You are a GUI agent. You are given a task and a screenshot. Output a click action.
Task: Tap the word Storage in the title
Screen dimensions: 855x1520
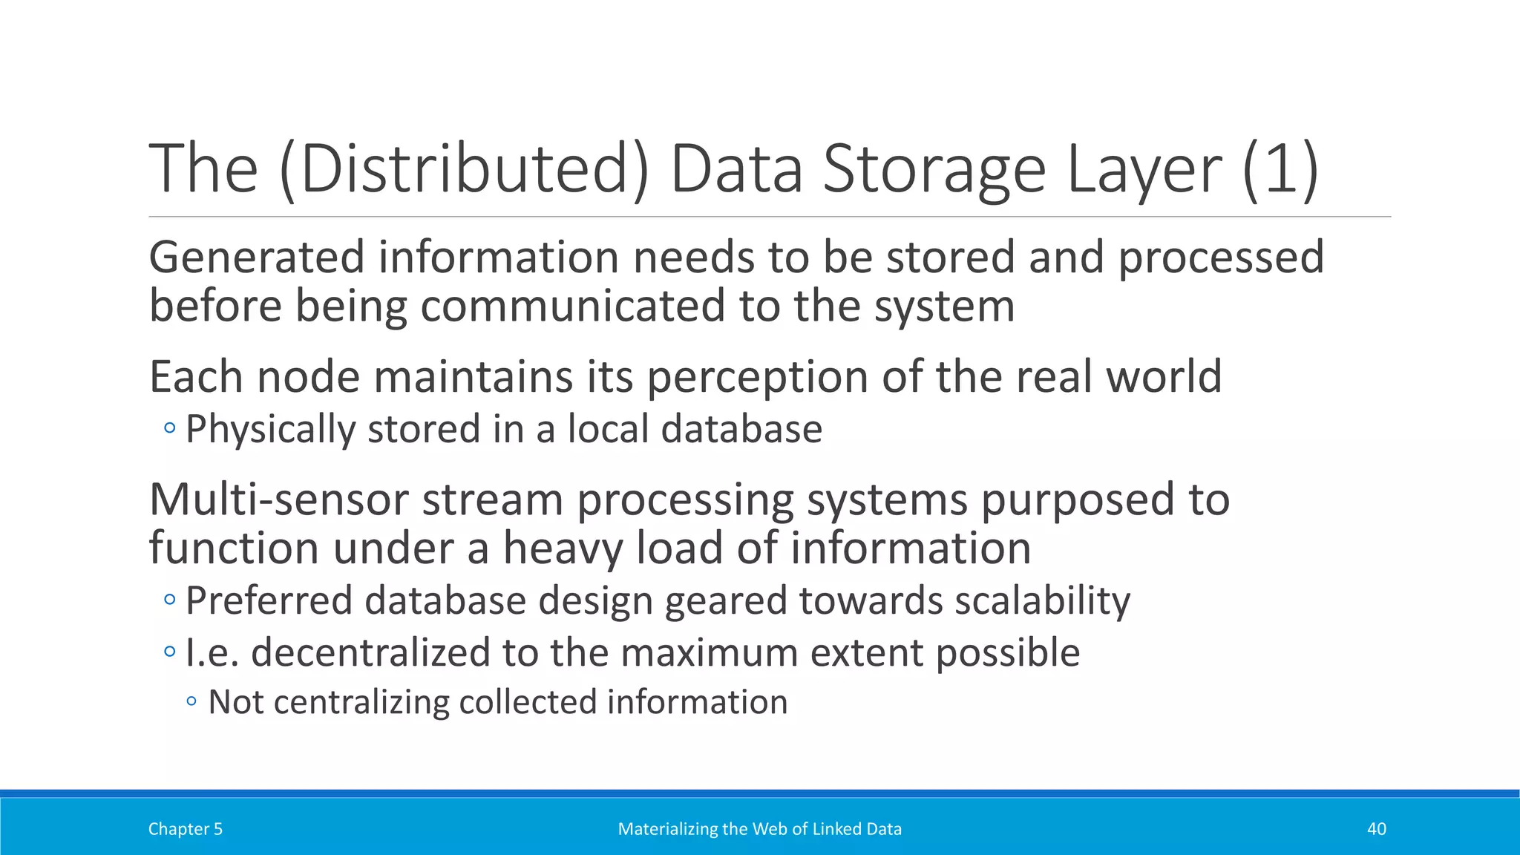coord(934,169)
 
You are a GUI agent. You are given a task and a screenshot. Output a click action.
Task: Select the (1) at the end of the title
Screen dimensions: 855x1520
coord(1280,169)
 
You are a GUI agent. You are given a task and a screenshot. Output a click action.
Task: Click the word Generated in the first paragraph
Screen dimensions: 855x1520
coord(257,258)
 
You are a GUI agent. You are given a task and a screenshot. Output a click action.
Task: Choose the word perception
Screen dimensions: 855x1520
coord(757,376)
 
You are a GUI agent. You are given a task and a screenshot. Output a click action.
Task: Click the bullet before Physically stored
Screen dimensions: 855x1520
coord(170,428)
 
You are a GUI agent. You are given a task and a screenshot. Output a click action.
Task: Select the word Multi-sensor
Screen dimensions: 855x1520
coord(278,499)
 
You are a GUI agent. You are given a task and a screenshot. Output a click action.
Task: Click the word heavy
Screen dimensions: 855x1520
coord(563,548)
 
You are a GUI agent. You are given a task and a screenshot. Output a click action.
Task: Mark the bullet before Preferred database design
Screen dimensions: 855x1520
coord(170,599)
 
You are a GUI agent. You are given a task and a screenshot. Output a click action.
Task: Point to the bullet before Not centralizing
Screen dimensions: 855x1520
coord(192,701)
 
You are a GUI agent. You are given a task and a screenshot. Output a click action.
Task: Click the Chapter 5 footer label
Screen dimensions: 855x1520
coord(186,829)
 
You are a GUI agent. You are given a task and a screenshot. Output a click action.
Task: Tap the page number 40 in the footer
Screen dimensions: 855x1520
coord(1376,829)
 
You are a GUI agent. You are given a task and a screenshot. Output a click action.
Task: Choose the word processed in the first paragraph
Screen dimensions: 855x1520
coord(1221,258)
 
